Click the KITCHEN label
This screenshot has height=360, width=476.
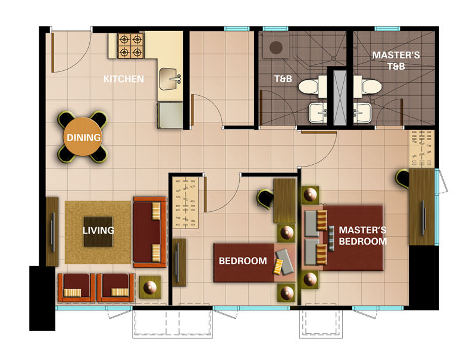point(124,79)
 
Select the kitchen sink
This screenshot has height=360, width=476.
point(171,78)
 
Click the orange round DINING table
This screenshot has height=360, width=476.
point(83,137)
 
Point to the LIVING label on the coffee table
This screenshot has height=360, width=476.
point(98,230)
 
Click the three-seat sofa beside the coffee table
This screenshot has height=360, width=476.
point(149,231)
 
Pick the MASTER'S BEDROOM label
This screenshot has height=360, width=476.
point(362,236)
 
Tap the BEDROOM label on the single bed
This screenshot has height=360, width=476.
point(242,261)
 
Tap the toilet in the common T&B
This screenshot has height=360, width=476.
point(309,87)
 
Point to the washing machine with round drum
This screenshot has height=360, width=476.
point(275,46)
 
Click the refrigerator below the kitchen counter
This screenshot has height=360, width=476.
point(170,114)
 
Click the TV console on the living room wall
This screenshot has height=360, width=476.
point(52,231)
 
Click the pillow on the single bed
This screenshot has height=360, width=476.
point(284,262)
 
